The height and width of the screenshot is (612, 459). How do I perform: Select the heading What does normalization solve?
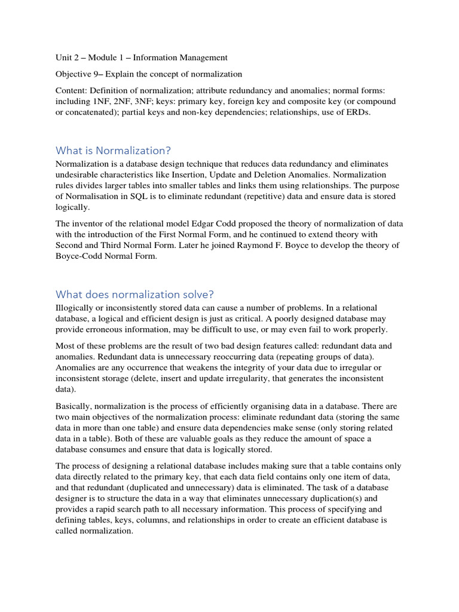(x=134, y=294)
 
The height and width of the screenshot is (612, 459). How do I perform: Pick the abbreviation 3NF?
(x=201, y=102)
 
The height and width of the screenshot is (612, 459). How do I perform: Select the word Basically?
(x=74, y=406)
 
